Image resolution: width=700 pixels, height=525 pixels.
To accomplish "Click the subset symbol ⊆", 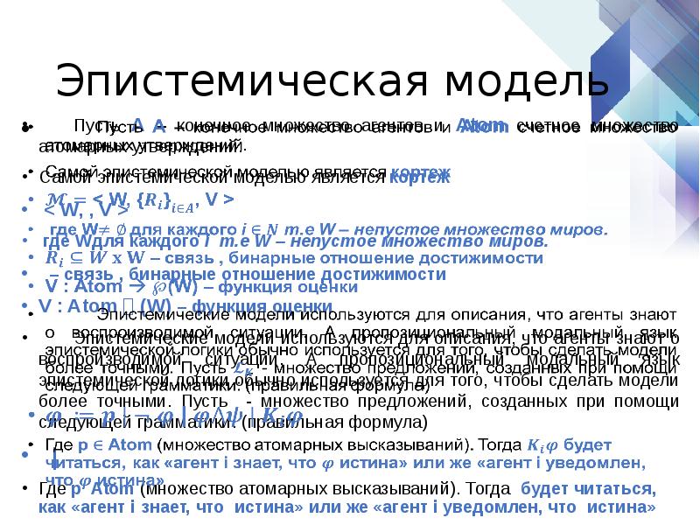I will pyautogui.click(x=73, y=258).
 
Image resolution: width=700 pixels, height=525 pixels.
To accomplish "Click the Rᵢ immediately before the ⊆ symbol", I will pyautogui.click(x=52, y=258).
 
